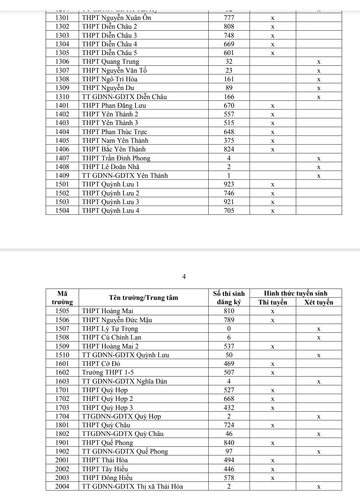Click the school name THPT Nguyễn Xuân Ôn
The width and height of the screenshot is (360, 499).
(116, 18)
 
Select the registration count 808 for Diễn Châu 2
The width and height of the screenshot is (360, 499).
(229, 26)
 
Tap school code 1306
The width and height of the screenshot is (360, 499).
(62, 61)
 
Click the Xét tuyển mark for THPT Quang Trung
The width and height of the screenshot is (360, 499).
(319, 62)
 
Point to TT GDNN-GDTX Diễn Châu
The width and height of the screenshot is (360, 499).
(124, 97)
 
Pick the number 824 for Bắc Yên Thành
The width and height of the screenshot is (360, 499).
(229, 149)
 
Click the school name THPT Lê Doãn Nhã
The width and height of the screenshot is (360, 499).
(111, 167)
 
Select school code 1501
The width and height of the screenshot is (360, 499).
(62, 184)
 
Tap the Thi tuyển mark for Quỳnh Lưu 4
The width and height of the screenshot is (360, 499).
(273, 211)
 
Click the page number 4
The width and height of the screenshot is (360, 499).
(184, 277)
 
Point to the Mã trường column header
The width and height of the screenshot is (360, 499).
(62, 298)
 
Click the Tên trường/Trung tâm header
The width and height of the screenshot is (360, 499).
(144, 298)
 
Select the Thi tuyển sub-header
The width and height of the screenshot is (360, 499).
(273, 302)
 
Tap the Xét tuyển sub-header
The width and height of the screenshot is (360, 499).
(319, 302)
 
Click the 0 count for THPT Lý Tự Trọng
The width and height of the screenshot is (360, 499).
(229, 329)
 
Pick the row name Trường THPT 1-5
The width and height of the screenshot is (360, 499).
(108, 372)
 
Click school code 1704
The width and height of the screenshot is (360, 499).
(62, 416)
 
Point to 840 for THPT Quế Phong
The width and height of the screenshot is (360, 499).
(229, 443)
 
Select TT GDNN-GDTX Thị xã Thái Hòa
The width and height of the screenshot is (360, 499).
(132, 486)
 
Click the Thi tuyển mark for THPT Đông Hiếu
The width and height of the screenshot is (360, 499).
(273, 478)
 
